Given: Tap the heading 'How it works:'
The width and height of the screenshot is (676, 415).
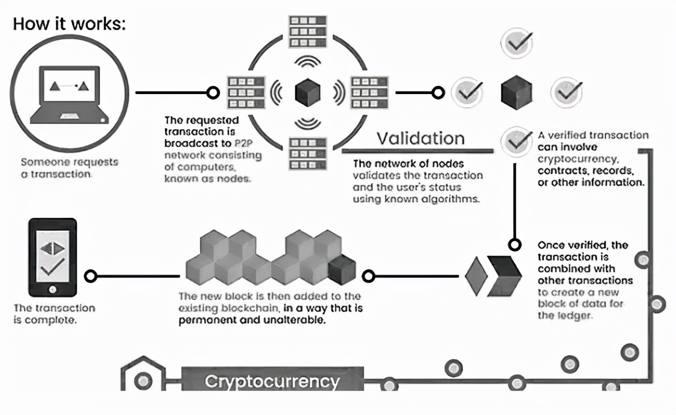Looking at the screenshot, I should (x=69, y=24).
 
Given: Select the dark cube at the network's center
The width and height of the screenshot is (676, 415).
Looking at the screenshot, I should (x=307, y=93).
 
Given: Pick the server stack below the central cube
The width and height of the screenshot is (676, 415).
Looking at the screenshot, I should (x=307, y=153).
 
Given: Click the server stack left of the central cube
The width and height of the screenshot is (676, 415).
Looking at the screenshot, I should (x=247, y=93).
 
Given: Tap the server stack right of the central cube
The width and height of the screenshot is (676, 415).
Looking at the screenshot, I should (x=368, y=93).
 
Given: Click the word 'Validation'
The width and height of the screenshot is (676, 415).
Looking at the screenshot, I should (x=421, y=138).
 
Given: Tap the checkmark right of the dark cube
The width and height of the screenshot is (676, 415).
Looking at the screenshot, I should (x=566, y=93).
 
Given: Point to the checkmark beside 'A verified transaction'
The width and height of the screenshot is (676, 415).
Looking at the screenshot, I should (x=516, y=141).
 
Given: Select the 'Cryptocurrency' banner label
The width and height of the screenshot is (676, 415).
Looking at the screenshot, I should (x=272, y=381).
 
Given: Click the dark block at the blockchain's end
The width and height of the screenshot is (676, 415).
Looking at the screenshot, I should (x=342, y=271).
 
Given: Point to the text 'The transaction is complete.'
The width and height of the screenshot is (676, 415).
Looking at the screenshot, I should (x=54, y=314).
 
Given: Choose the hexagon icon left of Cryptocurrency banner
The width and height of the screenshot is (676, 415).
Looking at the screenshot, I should (x=141, y=378).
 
